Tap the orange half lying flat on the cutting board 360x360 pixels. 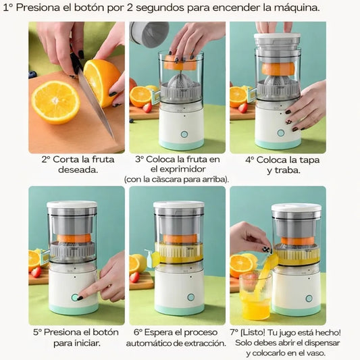point(55,102)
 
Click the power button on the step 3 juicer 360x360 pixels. point(184,134)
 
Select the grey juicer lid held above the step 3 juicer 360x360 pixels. point(149,34)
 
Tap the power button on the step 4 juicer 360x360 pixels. point(280,132)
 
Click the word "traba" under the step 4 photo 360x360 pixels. point(288,170)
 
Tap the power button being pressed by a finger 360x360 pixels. point(74,297)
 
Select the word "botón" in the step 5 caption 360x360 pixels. point(105,332)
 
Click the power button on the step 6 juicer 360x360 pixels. point(190,297)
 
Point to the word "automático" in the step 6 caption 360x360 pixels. point(149,344)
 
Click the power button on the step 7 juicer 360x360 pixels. point(309,299)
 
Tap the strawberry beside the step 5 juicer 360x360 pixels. point(36,272)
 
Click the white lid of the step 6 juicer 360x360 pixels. point(178,205)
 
